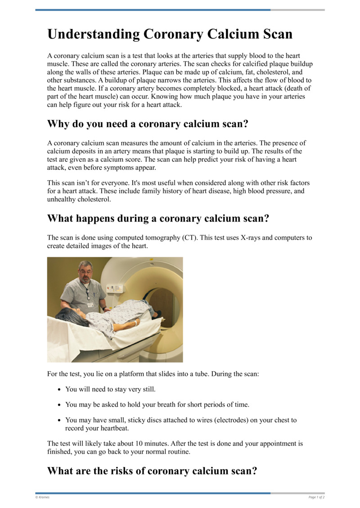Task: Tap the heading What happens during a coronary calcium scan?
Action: click(158, 218)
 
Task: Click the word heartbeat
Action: click(102, 428)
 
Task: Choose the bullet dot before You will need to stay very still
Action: click(59, 389)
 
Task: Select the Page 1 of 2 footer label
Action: click(316, 497)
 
